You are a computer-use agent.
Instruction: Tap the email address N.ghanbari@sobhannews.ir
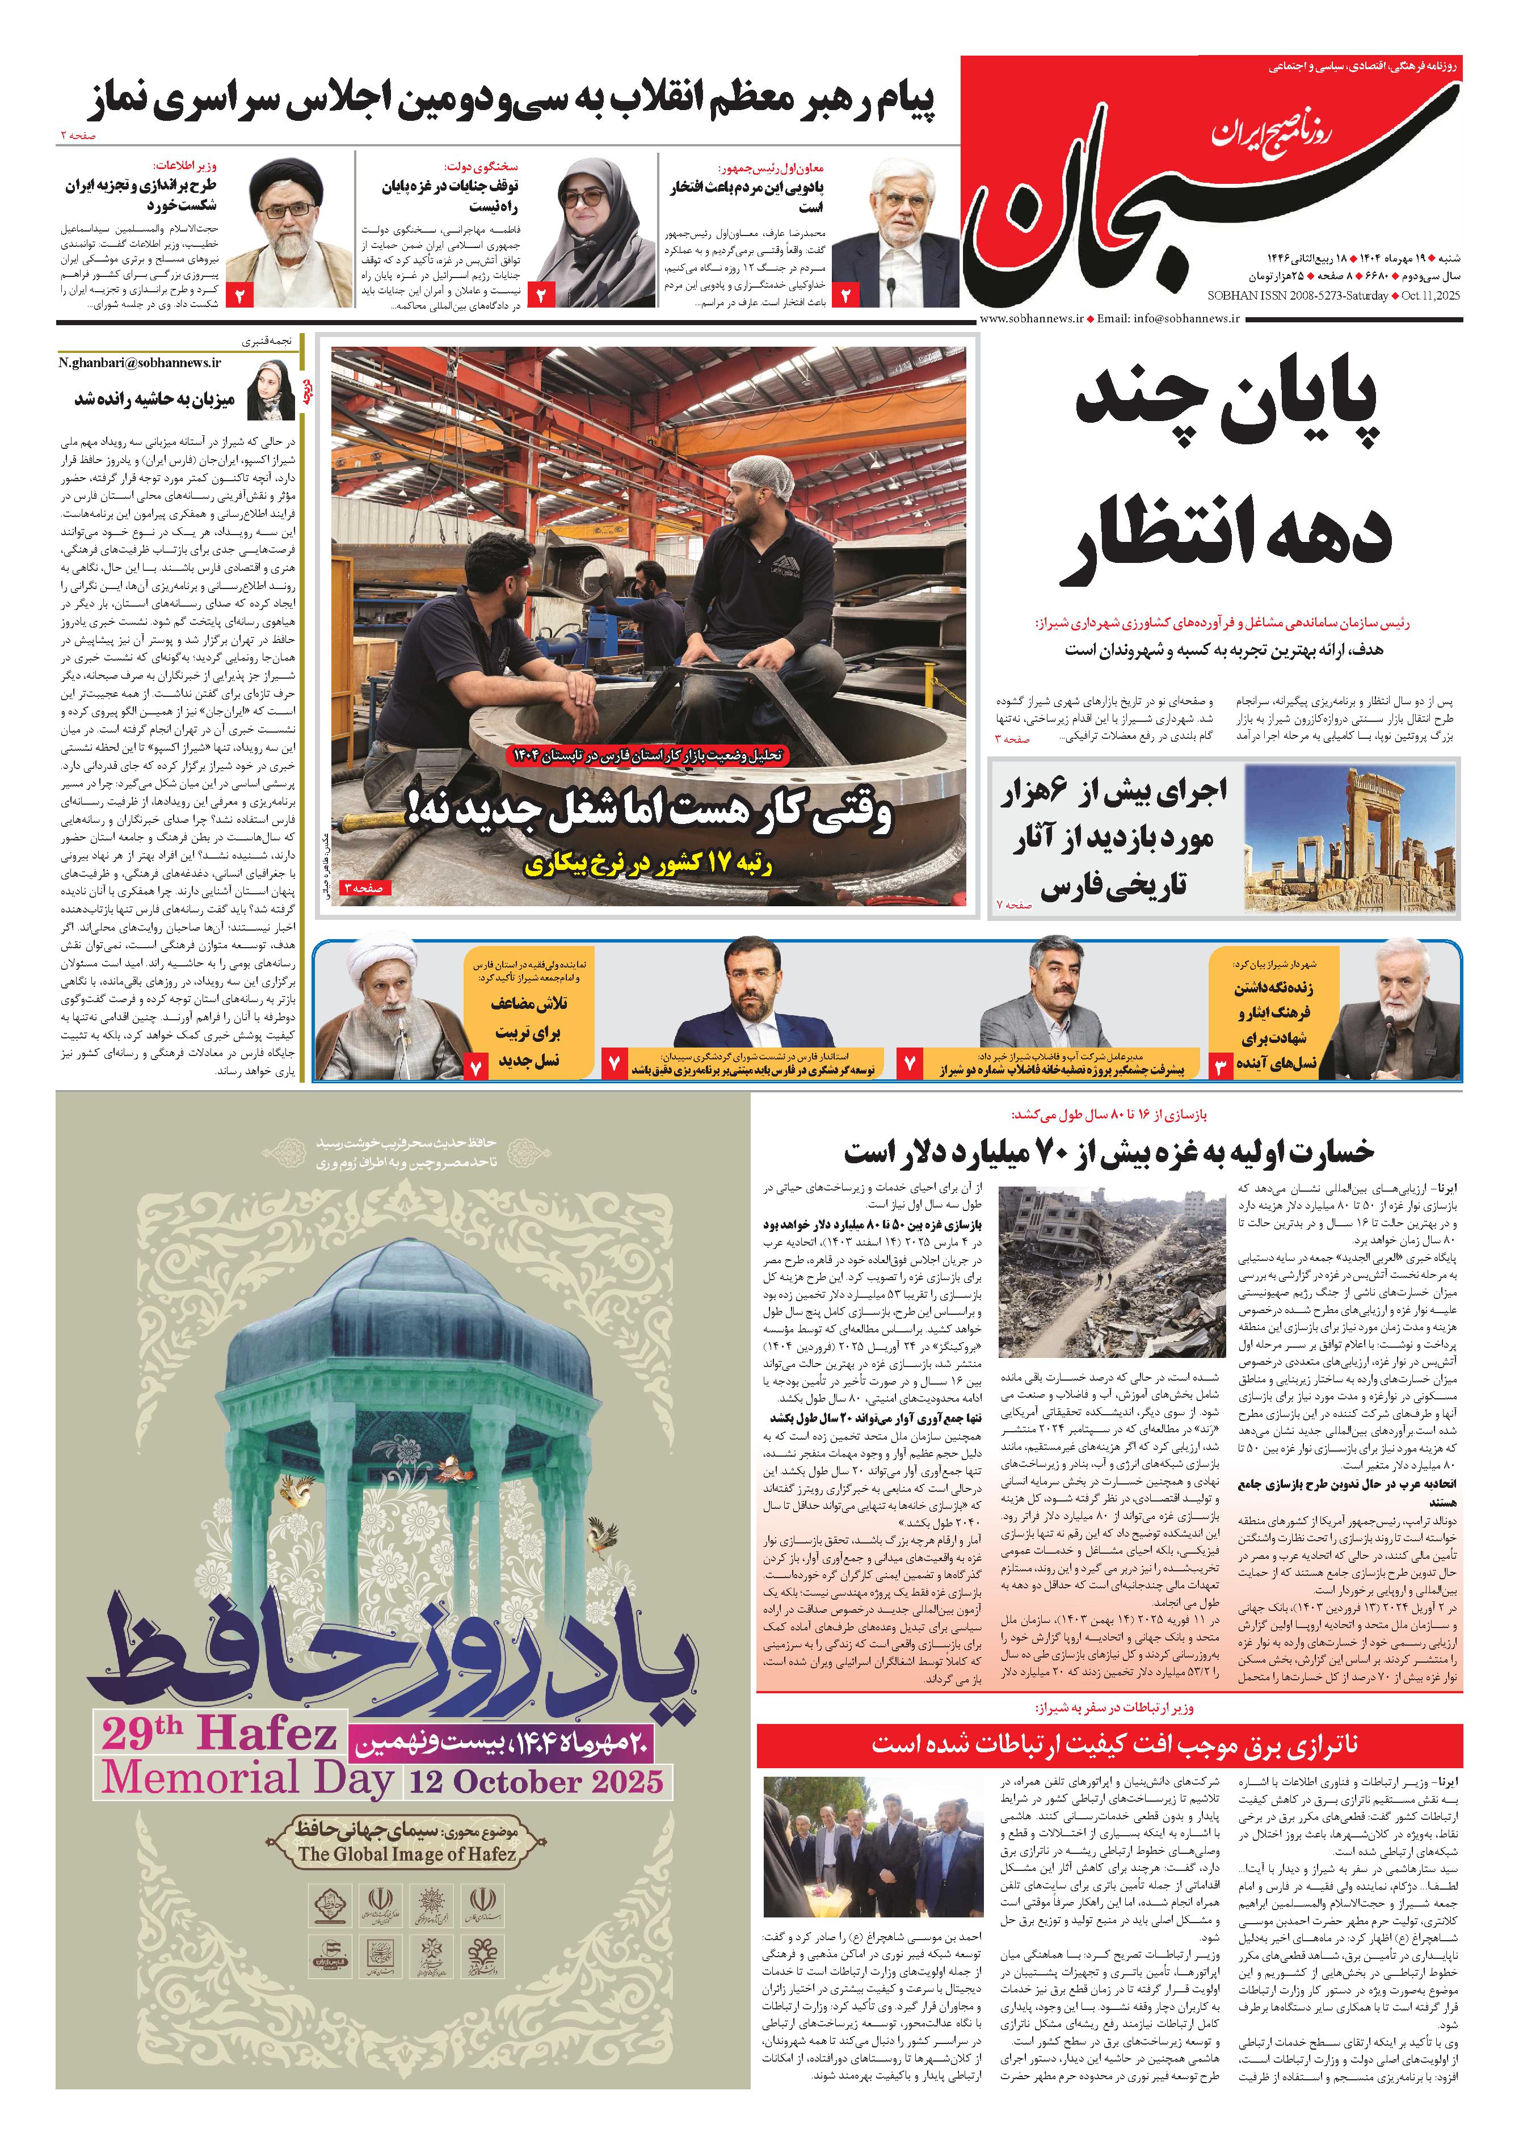point(140,363)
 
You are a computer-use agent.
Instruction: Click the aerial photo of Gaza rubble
point(1111,1272)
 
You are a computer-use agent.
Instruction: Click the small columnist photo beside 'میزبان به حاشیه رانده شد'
point(271,386)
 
